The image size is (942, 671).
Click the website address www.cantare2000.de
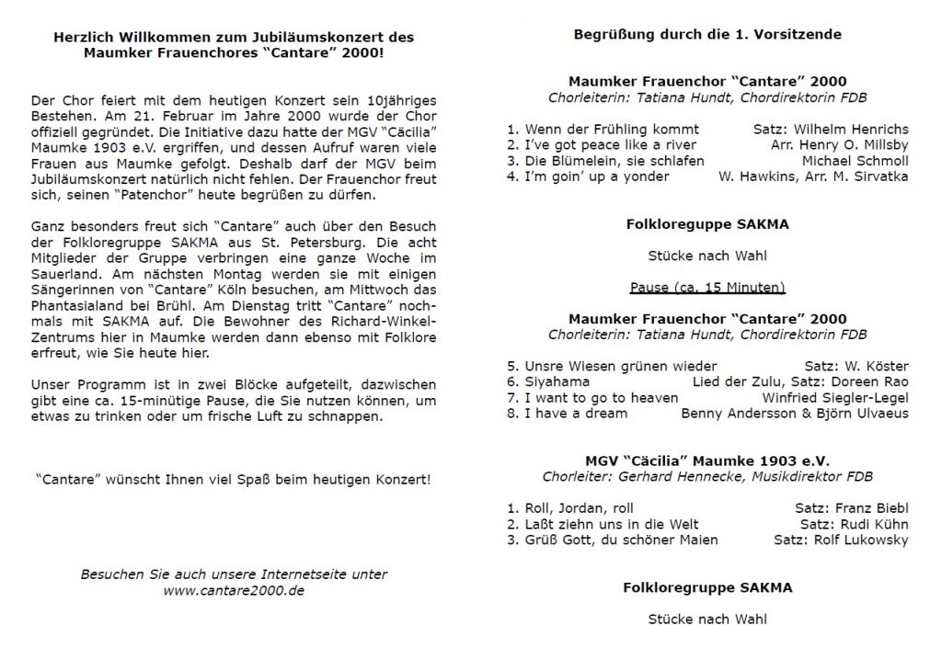233,591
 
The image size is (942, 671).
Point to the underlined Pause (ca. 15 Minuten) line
706,287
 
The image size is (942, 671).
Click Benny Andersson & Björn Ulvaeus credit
794,414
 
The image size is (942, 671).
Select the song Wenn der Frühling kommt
603,129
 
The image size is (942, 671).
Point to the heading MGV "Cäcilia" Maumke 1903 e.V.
706,460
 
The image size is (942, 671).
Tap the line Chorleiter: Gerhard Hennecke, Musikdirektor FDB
706,476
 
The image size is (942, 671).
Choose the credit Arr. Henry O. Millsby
839,145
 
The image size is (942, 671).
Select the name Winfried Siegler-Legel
835,397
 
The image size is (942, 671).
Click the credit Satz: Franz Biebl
851,506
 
